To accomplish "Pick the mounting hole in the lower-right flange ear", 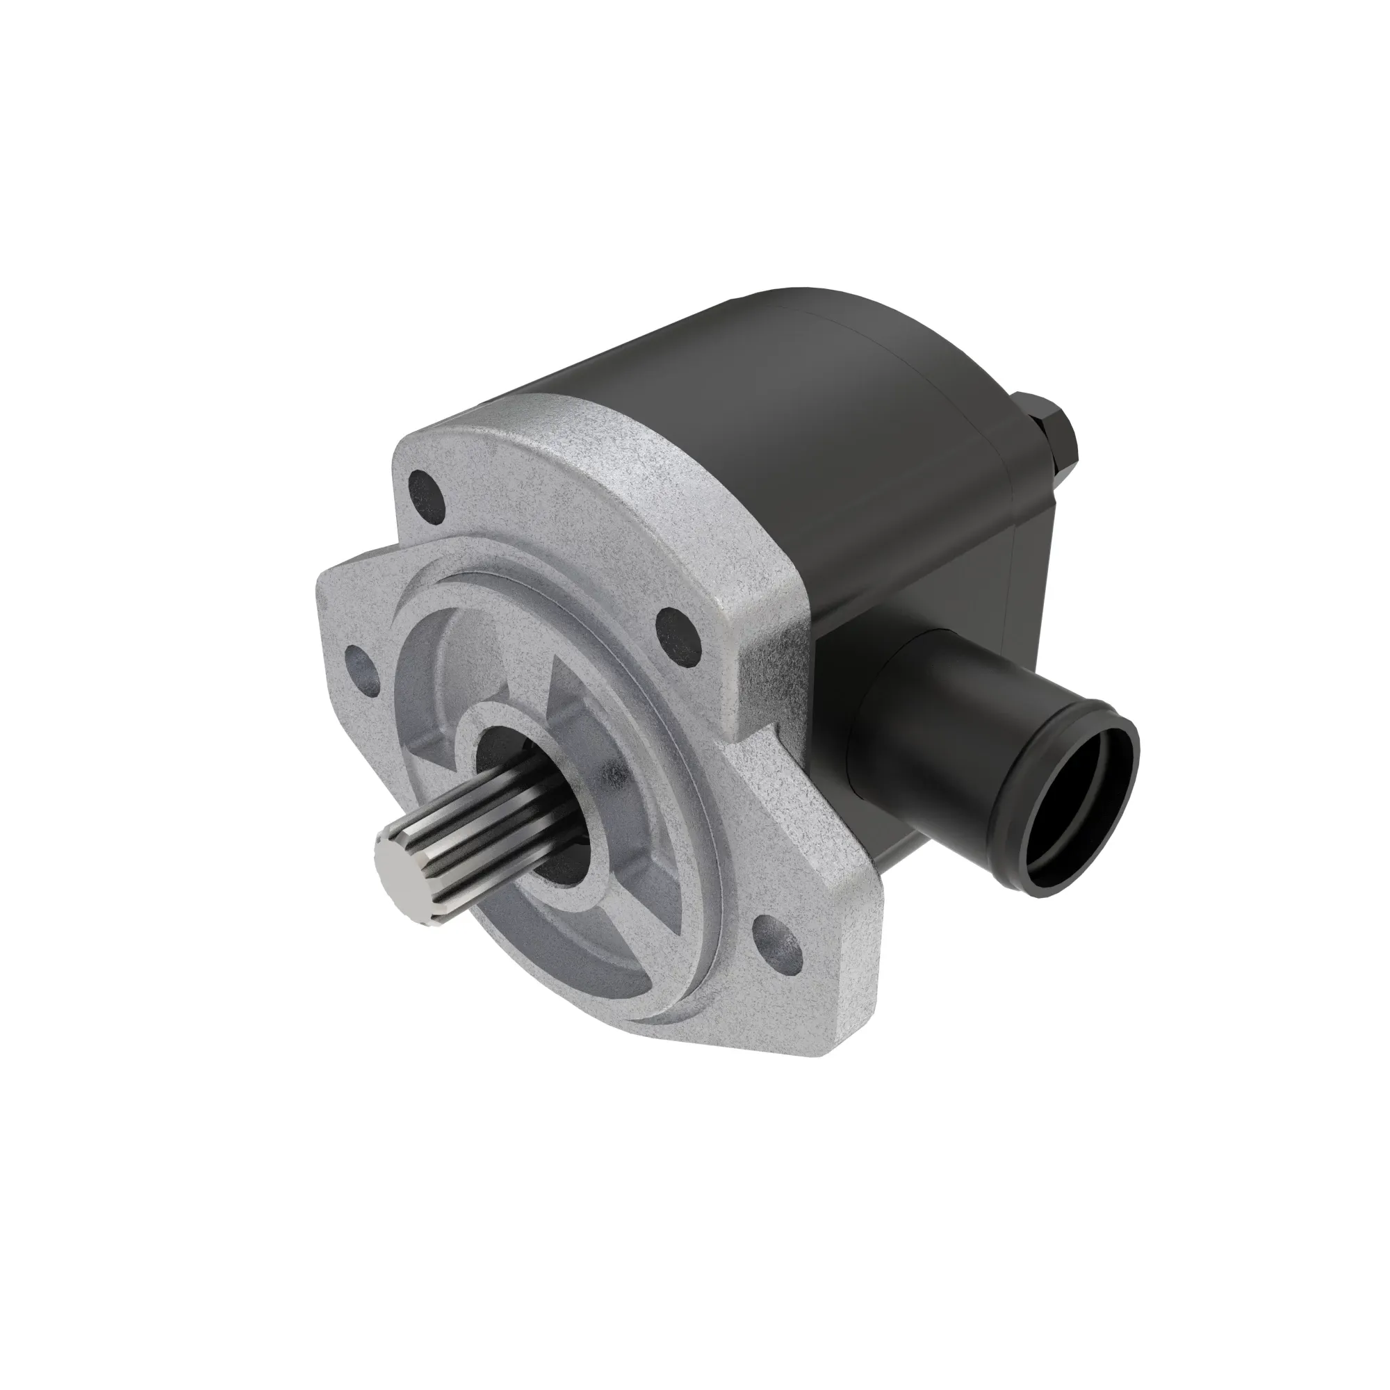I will (777, 942).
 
